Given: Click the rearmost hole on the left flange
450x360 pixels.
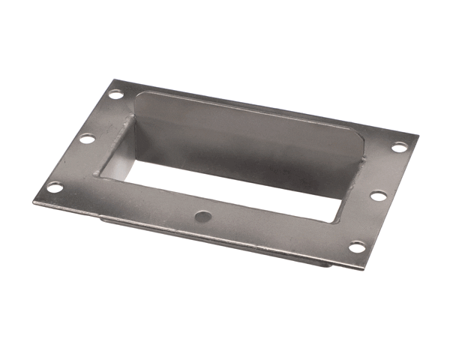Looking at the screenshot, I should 115,94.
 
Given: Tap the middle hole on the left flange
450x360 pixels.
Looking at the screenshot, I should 87,139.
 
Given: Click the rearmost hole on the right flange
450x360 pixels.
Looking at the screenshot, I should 399,147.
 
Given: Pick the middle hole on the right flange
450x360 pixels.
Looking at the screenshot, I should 379,196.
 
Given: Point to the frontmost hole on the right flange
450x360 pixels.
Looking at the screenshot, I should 357,247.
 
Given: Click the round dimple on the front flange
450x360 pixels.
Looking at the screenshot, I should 203,216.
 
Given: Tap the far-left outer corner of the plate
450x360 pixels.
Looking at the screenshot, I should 34,201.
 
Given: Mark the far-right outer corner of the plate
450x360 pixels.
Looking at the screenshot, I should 417,136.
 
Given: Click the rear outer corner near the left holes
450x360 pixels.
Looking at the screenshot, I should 114,79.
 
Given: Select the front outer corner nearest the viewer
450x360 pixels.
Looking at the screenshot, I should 365,269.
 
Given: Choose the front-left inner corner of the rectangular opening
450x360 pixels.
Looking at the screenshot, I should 100,176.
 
